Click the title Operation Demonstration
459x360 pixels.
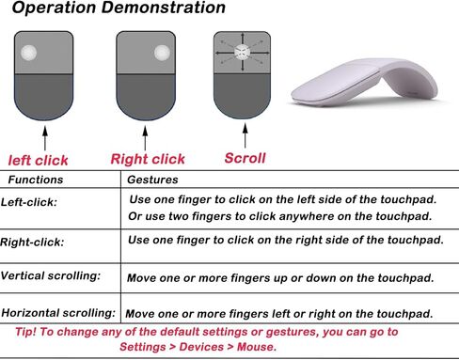[x=119, y=7]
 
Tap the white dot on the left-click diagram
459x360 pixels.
[x=29, y=53]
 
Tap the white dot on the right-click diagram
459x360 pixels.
[x=163, y=53]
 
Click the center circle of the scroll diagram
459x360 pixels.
[x=242, y=52]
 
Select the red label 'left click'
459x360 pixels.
[x=38, y=161]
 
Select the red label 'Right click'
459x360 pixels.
[x=148, y=159]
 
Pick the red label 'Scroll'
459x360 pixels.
[x=245, y=158]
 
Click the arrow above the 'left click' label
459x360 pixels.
[x=45, y=138]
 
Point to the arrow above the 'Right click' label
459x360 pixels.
[x=145, y=138]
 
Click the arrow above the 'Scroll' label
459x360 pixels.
[x=245, y=135]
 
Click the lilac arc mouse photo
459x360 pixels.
[x=365, y=82]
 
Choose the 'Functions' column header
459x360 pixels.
[x=36, y=180]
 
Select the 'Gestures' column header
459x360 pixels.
[x=152, y=180]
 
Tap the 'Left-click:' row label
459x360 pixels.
[x=29, y=202]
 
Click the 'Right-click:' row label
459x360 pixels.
[x=32, y=243]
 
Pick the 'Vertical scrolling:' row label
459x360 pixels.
[x=51, y=275]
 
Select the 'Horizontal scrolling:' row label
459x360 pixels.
[x=58, y=313]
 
